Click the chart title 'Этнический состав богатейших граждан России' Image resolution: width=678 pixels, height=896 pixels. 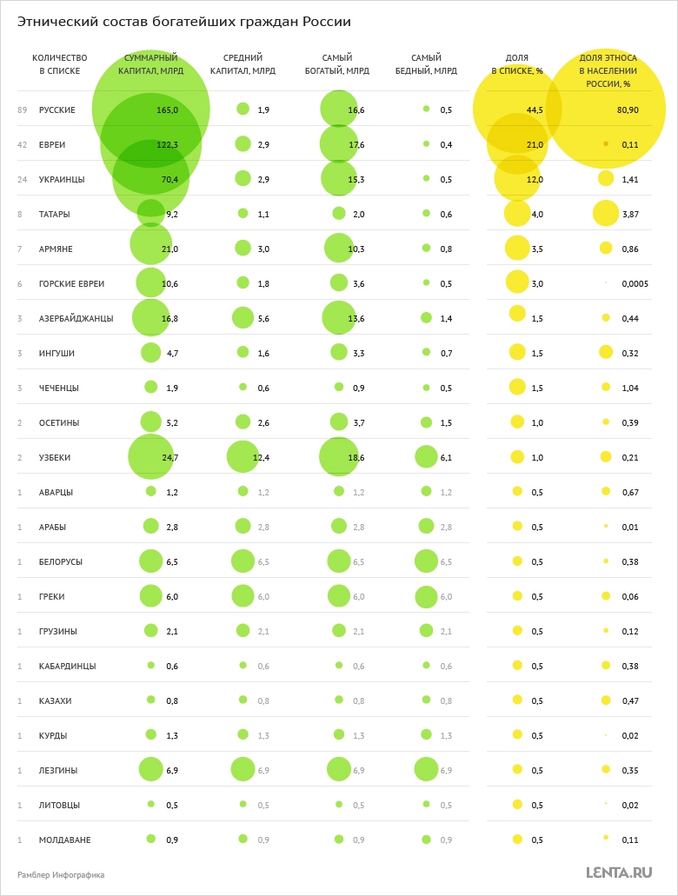tap(184, 22)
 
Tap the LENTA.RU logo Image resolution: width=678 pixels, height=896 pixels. tap(619, 873)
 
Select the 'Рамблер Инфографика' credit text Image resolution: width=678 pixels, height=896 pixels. tap(61, 874)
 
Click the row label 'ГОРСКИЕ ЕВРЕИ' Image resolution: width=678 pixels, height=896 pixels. tap(72, 283)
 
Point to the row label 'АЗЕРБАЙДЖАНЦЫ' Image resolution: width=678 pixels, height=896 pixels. tap(76, 318)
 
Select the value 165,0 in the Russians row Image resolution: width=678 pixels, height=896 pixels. tap(167, 110)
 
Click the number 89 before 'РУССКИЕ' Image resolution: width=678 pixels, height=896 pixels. tap(22, 110)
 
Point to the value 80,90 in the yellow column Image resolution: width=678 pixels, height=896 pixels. tap(628, 110)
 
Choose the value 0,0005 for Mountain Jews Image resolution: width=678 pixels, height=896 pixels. tap(635, 283)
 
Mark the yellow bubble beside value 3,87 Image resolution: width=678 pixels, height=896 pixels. tap(606, 213)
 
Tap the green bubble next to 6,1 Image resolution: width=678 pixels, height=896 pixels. tap(426, 457)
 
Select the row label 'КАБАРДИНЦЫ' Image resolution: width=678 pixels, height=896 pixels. tap(68, 666)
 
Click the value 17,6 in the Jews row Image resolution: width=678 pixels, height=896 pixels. tap(356, 144)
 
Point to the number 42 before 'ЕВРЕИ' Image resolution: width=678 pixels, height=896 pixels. tap(22, 144)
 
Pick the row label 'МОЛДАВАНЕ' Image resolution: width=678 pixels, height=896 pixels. tap(65, 840)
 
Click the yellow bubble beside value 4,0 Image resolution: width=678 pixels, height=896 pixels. tap(517, 213)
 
